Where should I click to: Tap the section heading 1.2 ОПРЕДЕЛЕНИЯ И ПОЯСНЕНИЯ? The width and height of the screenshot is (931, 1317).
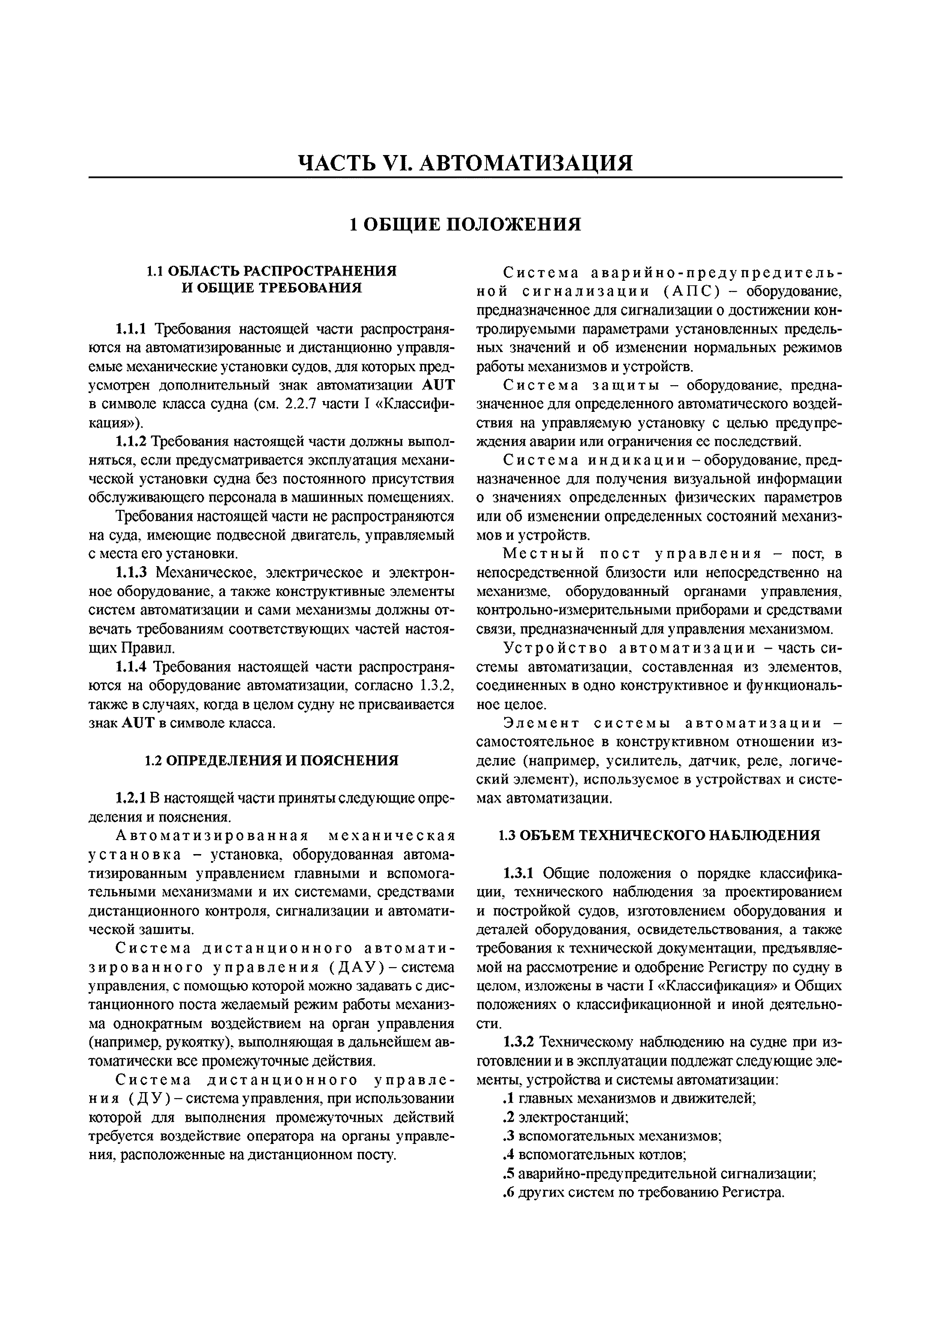click(271, 761)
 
